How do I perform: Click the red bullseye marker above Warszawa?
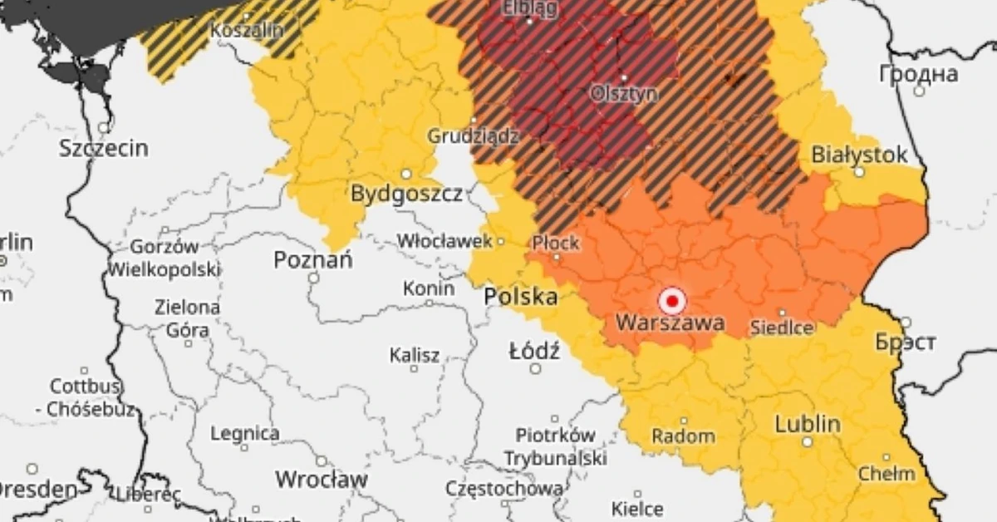click(671, 300)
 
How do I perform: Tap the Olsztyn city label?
click(623, 94)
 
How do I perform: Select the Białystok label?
click(859, 155)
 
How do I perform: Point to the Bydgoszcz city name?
click(406, 195)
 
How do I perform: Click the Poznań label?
click(313, 260)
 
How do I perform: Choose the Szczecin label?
click(104, 149)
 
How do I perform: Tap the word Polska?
click(521, 296)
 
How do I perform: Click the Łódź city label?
click(534, 351)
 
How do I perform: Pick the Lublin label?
click(807, 424)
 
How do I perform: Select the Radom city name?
click(683, 436)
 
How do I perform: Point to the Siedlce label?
click(782, 327)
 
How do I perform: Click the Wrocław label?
click(321, 480)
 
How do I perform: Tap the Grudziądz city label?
click(473, 135)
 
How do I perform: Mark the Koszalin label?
click(247, 30)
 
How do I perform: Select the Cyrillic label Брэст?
click(905, 342)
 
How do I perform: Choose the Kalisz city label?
click(415, 356)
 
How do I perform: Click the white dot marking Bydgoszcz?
click(406, 175)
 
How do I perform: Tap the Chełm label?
click(886, 474)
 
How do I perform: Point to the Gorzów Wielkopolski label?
click(165, 258)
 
